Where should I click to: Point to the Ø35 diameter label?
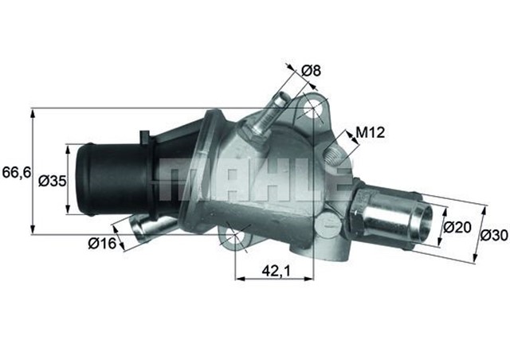tap(53, 181)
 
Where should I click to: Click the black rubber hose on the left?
tap(112, 179)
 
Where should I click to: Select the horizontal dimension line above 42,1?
tap(279, 280)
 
